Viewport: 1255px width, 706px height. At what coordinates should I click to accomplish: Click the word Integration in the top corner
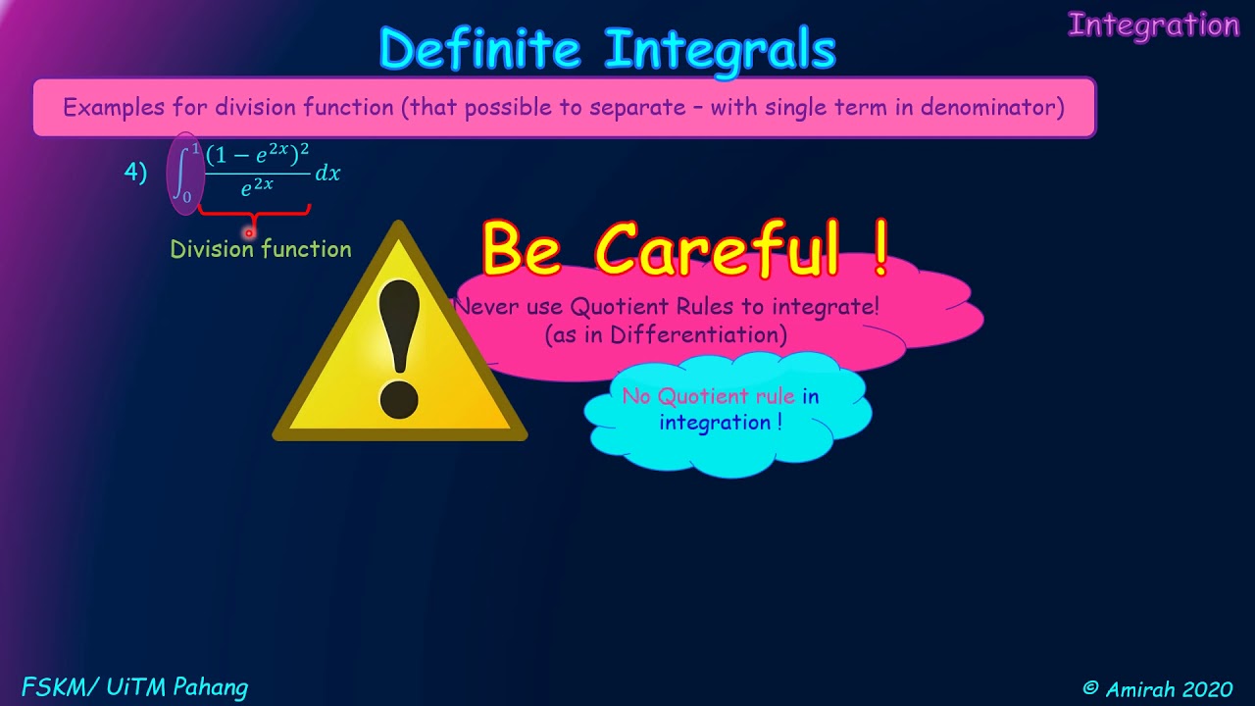point(1153,25)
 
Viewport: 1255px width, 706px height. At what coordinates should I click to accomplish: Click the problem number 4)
point(135,173)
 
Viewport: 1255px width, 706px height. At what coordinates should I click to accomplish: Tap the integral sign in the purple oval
point(183,174)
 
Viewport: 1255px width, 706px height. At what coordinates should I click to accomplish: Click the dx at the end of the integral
point(327,174)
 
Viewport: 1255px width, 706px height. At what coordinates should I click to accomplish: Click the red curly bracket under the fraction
point(254,211)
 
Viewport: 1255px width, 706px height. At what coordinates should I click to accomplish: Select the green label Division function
point(261,249)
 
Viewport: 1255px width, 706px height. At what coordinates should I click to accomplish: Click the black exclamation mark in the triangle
point(399,347)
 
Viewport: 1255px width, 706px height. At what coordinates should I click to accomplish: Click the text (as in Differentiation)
point(667,334)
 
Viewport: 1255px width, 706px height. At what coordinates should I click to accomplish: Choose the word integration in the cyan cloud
point(716,423)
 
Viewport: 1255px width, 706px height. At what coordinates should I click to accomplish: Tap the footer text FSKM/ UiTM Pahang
point(134,687)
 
